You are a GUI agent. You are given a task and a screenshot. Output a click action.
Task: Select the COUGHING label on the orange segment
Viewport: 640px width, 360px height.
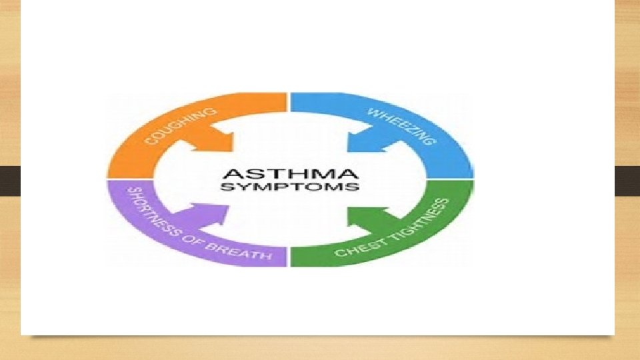(181, 127)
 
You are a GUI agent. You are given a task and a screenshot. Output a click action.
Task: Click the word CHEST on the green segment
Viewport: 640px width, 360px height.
(354, 249)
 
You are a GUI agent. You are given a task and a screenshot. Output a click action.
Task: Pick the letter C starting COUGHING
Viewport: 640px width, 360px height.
(151, 141)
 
